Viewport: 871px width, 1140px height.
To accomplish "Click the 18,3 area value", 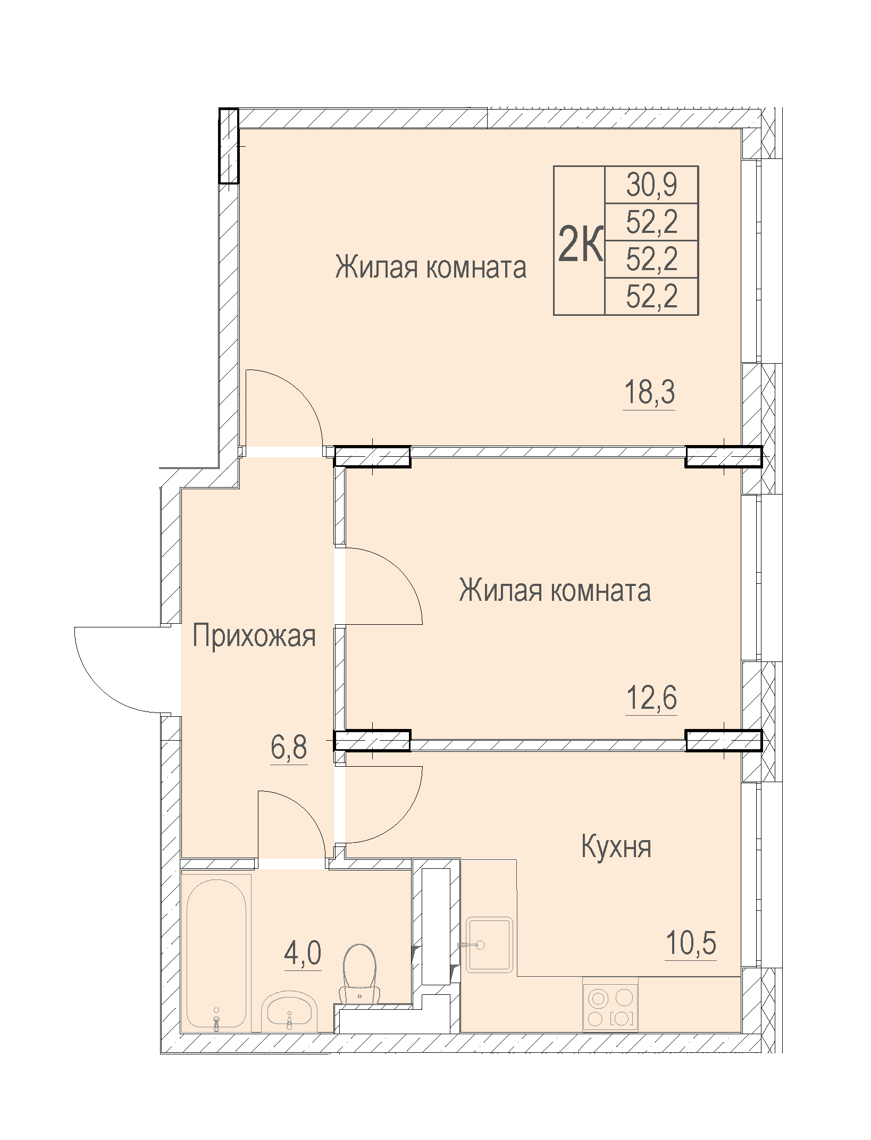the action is tap(649, 392).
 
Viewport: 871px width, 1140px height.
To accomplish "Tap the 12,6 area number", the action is tap(651, 698).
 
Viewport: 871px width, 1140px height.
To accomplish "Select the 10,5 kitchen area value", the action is tap(691, 943).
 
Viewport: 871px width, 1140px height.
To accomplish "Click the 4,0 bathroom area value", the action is tap(303, 952).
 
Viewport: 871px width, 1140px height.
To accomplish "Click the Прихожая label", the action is tap(254, 636).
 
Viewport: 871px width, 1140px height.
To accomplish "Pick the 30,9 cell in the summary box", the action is tap(651, 185).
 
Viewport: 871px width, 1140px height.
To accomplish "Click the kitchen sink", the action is tap(489, 944).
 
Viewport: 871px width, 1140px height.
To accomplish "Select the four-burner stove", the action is tap(610, 1004).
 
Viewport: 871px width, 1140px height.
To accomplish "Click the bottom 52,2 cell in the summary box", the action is tap(651, 296).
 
